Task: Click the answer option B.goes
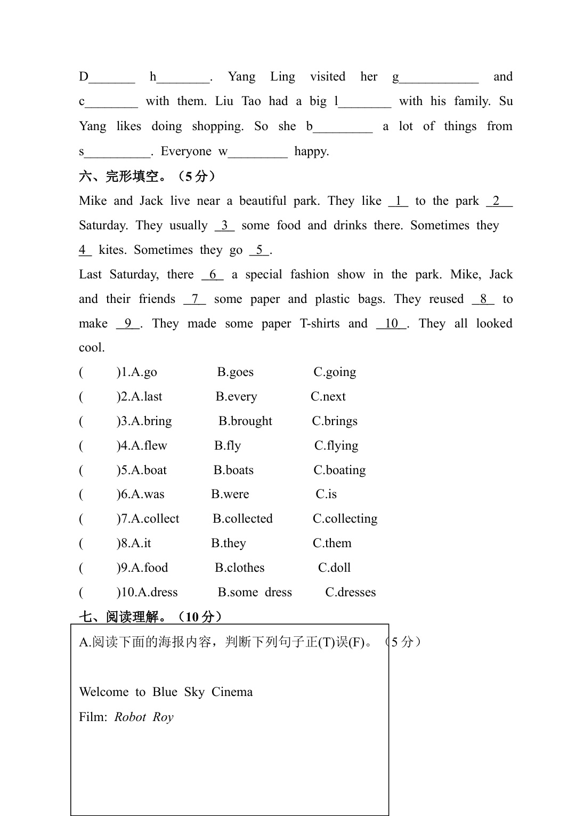[x=235, y=372]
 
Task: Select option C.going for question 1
[x=335, y=372]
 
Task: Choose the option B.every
[x=236, y=397]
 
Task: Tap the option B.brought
[x=245, y=421]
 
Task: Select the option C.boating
[x=339, y=470]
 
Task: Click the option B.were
[x=230, y=494]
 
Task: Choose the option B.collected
[x=242, y=519]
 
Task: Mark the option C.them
[x=332, y=543]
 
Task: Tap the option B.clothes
[x=239, y=568]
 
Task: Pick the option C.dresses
[x=350, y=593]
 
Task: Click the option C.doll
[x=334, y=568]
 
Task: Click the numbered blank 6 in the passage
[x=213, y=275]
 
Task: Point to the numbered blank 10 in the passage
[x=392, y=324]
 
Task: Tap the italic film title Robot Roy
[x=144, y=717]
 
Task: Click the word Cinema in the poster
[x=232, y=692]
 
